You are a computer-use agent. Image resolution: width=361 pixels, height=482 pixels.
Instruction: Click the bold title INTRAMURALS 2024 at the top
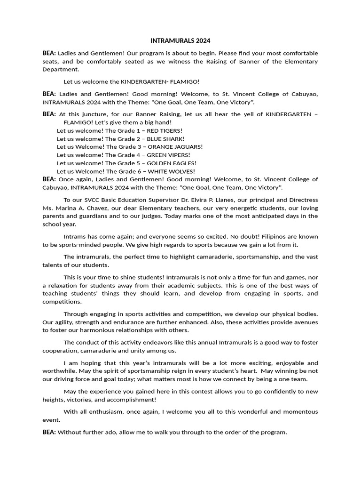(180, 41)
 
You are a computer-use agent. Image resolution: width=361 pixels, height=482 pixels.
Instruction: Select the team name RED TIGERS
(165, 130)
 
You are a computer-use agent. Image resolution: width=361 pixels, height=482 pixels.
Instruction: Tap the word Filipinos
(267, 236)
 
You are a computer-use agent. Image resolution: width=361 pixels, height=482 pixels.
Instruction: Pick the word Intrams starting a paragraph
(75, 236)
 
